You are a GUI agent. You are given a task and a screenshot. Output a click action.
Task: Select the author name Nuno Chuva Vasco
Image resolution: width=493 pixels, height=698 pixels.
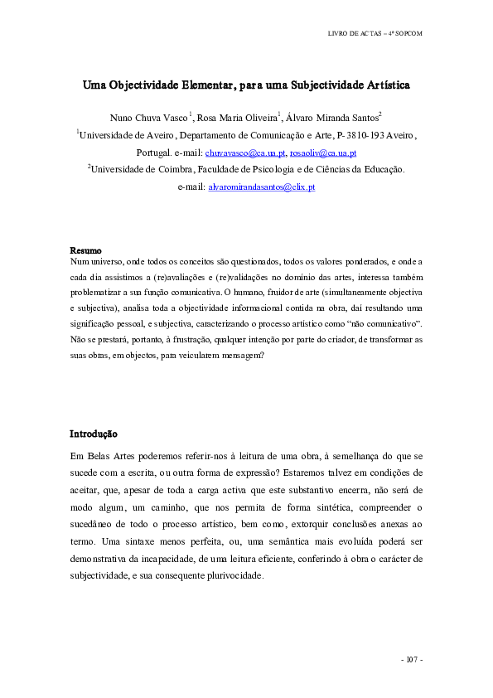(x=148, y=118)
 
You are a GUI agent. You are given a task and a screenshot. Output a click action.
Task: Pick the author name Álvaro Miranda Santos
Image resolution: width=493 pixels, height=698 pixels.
(x=331, y=118)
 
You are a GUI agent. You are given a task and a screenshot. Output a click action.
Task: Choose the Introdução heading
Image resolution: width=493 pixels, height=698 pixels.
(x=93, y=434)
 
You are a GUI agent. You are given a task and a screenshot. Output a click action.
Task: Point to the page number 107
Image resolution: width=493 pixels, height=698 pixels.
(x=412, y=659)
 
